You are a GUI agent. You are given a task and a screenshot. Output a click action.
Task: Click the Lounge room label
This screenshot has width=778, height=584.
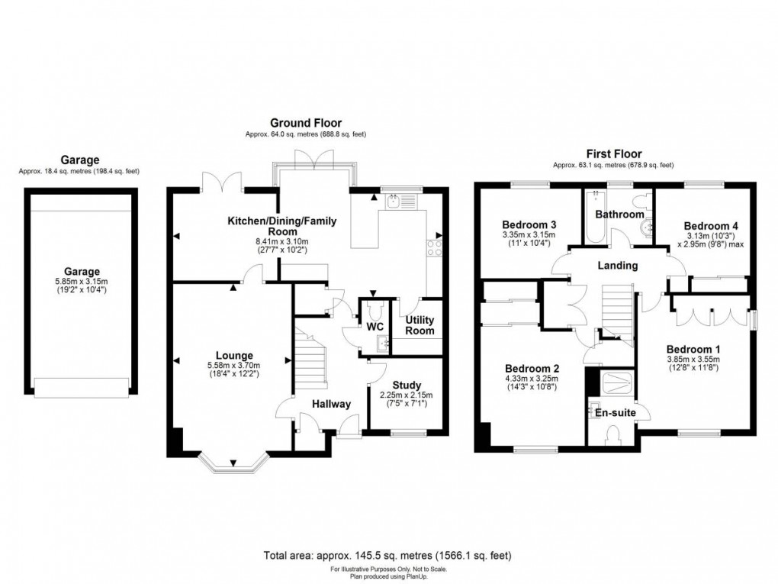(x=233, y=355)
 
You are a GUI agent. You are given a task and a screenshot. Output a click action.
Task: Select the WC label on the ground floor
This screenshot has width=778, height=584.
(x=374, y=327)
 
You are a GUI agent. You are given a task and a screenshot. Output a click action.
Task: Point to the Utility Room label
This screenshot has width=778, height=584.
(x=420, y=325)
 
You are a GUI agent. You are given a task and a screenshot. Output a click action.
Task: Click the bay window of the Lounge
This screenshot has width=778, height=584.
(x=234, y=460)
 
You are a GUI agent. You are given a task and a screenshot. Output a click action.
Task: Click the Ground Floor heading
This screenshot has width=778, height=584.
(x=306, y=123)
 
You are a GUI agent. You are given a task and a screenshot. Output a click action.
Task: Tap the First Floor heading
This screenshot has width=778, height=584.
(x=613, y=153)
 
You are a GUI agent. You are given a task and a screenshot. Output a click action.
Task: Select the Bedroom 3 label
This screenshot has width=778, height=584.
(x=529, y=224)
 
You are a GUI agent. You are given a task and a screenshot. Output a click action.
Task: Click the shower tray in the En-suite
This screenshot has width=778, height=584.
(x=614, y=384)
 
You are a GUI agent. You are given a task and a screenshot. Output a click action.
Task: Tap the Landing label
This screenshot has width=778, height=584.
(x=617, y=265)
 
